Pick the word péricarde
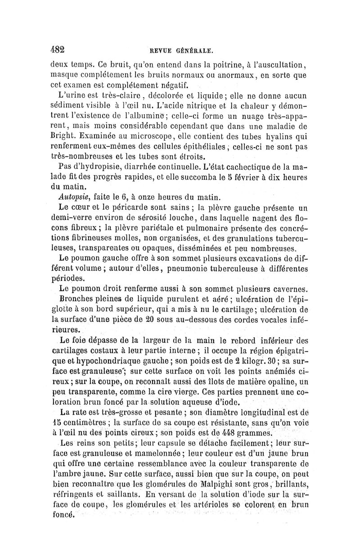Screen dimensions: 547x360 point(127,207)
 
